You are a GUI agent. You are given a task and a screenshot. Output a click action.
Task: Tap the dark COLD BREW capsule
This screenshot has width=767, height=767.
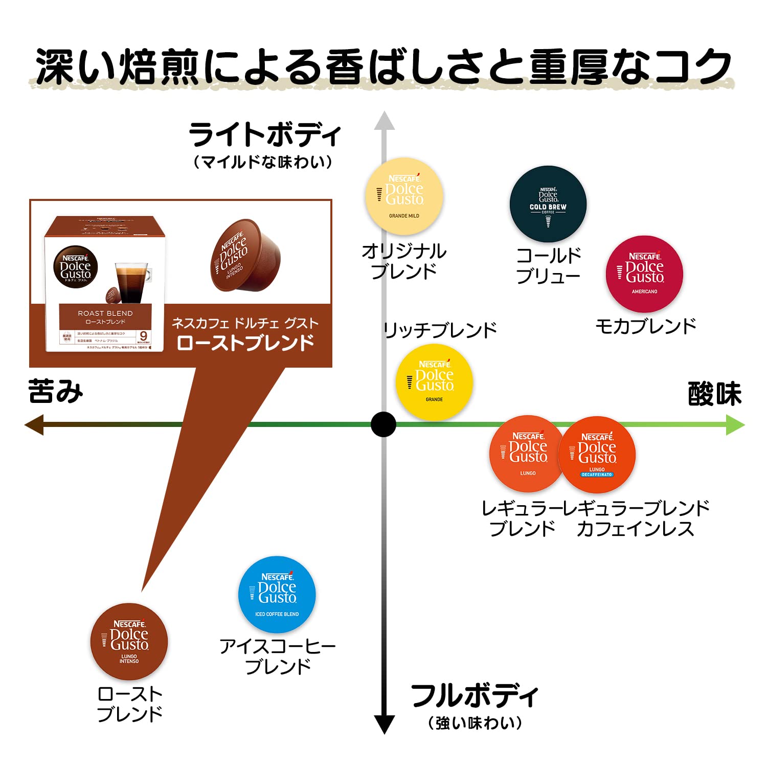[548, 204]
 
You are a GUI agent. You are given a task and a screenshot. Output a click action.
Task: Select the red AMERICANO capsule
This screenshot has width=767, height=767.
[644, 274]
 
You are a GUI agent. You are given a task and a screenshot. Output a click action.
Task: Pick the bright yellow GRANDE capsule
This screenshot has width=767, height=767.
[434, 382]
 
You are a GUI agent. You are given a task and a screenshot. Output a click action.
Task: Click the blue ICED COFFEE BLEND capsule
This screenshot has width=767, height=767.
[277, 594]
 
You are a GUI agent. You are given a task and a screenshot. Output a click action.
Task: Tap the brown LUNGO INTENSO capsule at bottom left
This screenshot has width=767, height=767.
[129, 641]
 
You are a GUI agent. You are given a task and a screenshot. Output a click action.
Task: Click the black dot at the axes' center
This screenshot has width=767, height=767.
[383, 424]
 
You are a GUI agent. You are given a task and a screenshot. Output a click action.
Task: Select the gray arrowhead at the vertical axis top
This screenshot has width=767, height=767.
[384, 121]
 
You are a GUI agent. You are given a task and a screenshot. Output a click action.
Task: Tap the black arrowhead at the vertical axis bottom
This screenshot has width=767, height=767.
[384, 724]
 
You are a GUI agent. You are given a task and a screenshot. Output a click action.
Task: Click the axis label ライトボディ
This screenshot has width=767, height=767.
[264, 135]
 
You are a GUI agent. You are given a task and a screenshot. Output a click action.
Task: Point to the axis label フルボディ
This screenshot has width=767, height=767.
[475, 695]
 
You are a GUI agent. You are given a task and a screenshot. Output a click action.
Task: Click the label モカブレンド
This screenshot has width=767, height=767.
[646, 326]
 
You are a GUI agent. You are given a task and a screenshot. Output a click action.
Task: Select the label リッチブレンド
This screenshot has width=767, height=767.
[440, 330]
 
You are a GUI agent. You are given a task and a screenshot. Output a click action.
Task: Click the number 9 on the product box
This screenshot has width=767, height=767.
[144, 336]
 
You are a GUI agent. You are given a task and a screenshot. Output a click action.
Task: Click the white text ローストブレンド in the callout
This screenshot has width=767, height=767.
[245, 343]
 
